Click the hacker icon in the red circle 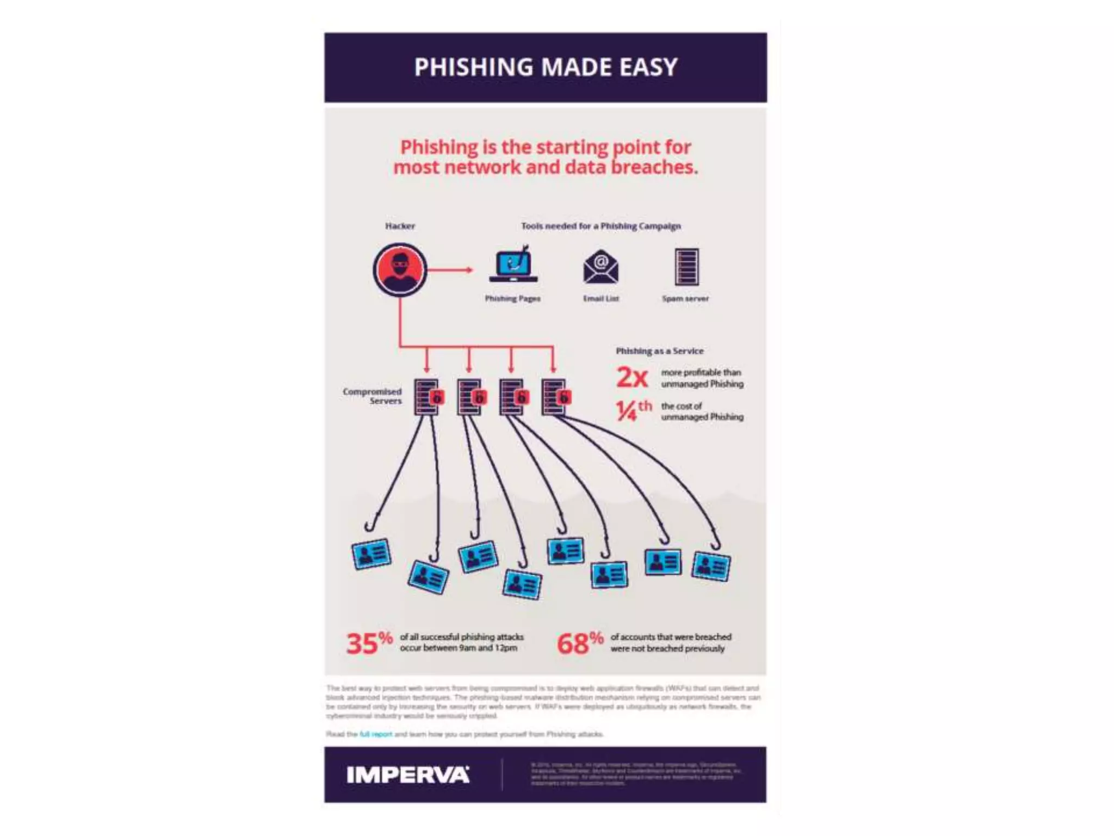[400, 269]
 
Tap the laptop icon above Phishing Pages [513, 265]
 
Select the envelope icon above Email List [601, 267]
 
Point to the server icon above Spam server [686, 267]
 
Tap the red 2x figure [632, 377]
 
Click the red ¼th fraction [633, 410]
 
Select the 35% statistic [369, 643]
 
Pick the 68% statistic [579, 643]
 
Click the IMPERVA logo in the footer [408, 775]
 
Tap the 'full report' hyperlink [375, 734]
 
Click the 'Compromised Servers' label [373, 396]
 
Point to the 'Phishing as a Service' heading [659, 351]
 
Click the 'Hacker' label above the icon [400, 226]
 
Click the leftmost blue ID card [372, 554]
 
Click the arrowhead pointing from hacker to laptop [468, 269]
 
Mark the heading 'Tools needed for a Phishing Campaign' [601, 226]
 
